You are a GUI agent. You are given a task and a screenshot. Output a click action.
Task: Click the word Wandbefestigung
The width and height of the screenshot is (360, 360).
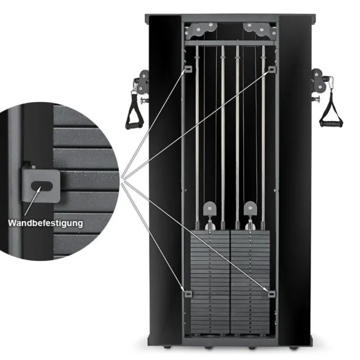(x=45, y=223)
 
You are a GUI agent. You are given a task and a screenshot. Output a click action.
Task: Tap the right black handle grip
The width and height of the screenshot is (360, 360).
(x=331, y=124)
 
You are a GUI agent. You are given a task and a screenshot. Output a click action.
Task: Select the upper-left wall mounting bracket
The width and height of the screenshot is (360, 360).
(x=188, y=69)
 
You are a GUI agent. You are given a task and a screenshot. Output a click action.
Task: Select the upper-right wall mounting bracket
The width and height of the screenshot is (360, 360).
(x=272, y=69)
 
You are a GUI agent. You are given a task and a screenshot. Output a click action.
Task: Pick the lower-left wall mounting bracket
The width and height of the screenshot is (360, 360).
(x=188, y=293)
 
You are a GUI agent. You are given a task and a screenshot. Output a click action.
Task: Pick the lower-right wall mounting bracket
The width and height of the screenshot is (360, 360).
(x=272, y=293)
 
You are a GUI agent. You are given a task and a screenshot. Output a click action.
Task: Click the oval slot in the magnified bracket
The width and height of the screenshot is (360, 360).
(x=42, y=186)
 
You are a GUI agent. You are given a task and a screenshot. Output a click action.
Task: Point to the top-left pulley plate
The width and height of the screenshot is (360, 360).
(x=202, y=30)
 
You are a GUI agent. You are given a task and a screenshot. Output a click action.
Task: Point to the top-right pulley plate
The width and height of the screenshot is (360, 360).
(x=259, y=30)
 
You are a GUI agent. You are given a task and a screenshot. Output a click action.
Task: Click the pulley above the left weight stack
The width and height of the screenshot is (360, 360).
(x=209, y=209)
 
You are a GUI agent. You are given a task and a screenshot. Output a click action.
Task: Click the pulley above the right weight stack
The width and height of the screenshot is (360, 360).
(x=250, y=208)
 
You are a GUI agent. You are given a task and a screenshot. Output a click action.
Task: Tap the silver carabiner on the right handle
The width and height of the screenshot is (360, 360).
(x=330, y=83)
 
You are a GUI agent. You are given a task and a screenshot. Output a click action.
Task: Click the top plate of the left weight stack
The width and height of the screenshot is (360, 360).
(x=210, y=232)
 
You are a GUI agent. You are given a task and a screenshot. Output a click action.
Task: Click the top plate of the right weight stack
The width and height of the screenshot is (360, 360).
(x=250, y=232)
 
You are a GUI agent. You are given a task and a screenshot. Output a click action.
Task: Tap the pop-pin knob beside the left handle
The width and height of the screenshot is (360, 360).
(x=145, y=101)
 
